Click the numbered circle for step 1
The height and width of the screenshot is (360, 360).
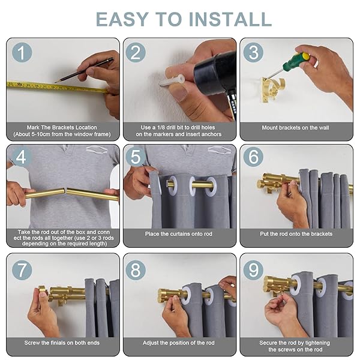22,52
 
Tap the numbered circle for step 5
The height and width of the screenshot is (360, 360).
136,157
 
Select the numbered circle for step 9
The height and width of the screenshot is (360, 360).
253,270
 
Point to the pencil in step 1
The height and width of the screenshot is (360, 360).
84,70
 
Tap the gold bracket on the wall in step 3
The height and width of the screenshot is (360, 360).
271,89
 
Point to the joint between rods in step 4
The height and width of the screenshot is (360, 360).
66,190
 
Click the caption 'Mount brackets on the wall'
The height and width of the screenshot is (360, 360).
295,128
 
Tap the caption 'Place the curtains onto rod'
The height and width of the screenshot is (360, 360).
179,234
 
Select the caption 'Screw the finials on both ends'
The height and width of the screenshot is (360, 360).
62,343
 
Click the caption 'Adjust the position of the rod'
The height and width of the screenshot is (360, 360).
179,343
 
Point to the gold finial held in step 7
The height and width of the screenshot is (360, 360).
43,292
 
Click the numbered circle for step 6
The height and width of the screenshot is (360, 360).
253,157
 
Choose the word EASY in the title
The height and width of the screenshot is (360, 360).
122,19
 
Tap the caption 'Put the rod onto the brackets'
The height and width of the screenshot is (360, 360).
296,234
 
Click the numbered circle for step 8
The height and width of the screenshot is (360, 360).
136,270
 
